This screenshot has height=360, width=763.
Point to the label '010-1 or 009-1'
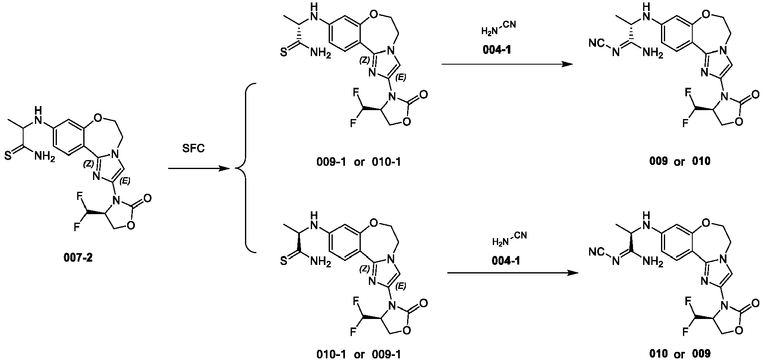tap(358, 354)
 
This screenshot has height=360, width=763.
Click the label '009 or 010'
tap(680, 161)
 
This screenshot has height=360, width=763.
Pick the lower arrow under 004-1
tap(512, 274)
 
